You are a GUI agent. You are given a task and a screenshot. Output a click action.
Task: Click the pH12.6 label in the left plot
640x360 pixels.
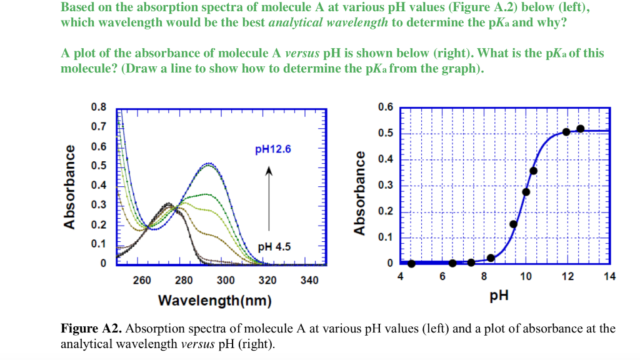coord(273,149)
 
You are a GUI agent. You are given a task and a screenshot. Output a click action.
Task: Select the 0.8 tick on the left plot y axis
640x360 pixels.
coord(98,106)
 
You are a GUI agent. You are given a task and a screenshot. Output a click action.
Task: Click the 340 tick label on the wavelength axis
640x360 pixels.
coord(309,280)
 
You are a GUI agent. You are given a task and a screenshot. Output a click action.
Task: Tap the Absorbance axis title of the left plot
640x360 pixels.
coord(70,186)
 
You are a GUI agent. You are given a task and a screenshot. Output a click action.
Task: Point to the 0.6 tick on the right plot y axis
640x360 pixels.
coord(386,107)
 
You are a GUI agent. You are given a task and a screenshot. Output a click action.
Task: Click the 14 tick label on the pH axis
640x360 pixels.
coord(609,277)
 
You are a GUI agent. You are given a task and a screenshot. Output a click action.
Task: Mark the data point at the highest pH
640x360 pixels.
coord(580,129)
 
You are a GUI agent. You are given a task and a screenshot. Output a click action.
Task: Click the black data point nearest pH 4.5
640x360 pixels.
coord(411,263)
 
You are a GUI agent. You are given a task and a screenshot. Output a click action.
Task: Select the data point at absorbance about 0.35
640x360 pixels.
coord(533,171)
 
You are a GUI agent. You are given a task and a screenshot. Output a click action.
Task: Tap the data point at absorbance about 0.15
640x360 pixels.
coord(513,224)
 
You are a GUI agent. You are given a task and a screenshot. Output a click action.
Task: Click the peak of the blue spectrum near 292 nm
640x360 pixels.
coord(209,164)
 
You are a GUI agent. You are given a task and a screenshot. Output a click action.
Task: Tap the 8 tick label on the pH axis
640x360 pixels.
coord(484,277)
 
